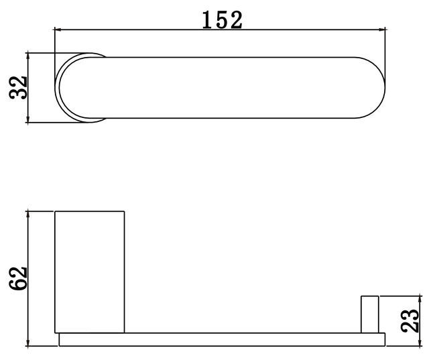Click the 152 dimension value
coord(222,19)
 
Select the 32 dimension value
coord(18,88)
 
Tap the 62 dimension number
coord(18,278)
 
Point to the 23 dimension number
coord(410,321)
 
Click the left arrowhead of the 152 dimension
coord(58,29)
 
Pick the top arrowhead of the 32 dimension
coord(27,56)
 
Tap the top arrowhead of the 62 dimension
coord(27,215)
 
